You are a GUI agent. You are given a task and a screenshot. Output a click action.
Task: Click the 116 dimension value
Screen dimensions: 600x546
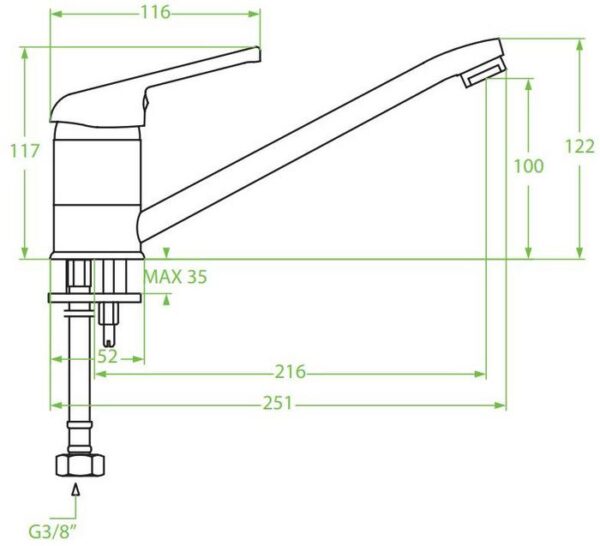156,13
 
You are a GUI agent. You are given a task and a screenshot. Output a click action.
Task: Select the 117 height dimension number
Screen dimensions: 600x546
24,151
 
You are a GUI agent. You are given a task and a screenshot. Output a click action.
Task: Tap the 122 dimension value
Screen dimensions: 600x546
580,147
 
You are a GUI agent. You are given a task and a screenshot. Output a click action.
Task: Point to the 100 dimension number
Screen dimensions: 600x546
528,166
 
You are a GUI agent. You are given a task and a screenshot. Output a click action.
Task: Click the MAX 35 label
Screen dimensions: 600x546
175,277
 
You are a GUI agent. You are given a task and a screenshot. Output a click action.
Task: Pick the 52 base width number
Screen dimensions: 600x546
108,357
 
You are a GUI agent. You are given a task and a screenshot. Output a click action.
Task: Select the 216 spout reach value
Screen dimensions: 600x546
291,372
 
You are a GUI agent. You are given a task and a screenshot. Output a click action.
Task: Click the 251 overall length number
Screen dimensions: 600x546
278,403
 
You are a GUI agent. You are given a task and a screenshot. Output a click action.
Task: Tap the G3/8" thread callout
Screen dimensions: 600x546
53,532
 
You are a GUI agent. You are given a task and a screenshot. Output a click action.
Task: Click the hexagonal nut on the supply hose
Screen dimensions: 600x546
80,465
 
